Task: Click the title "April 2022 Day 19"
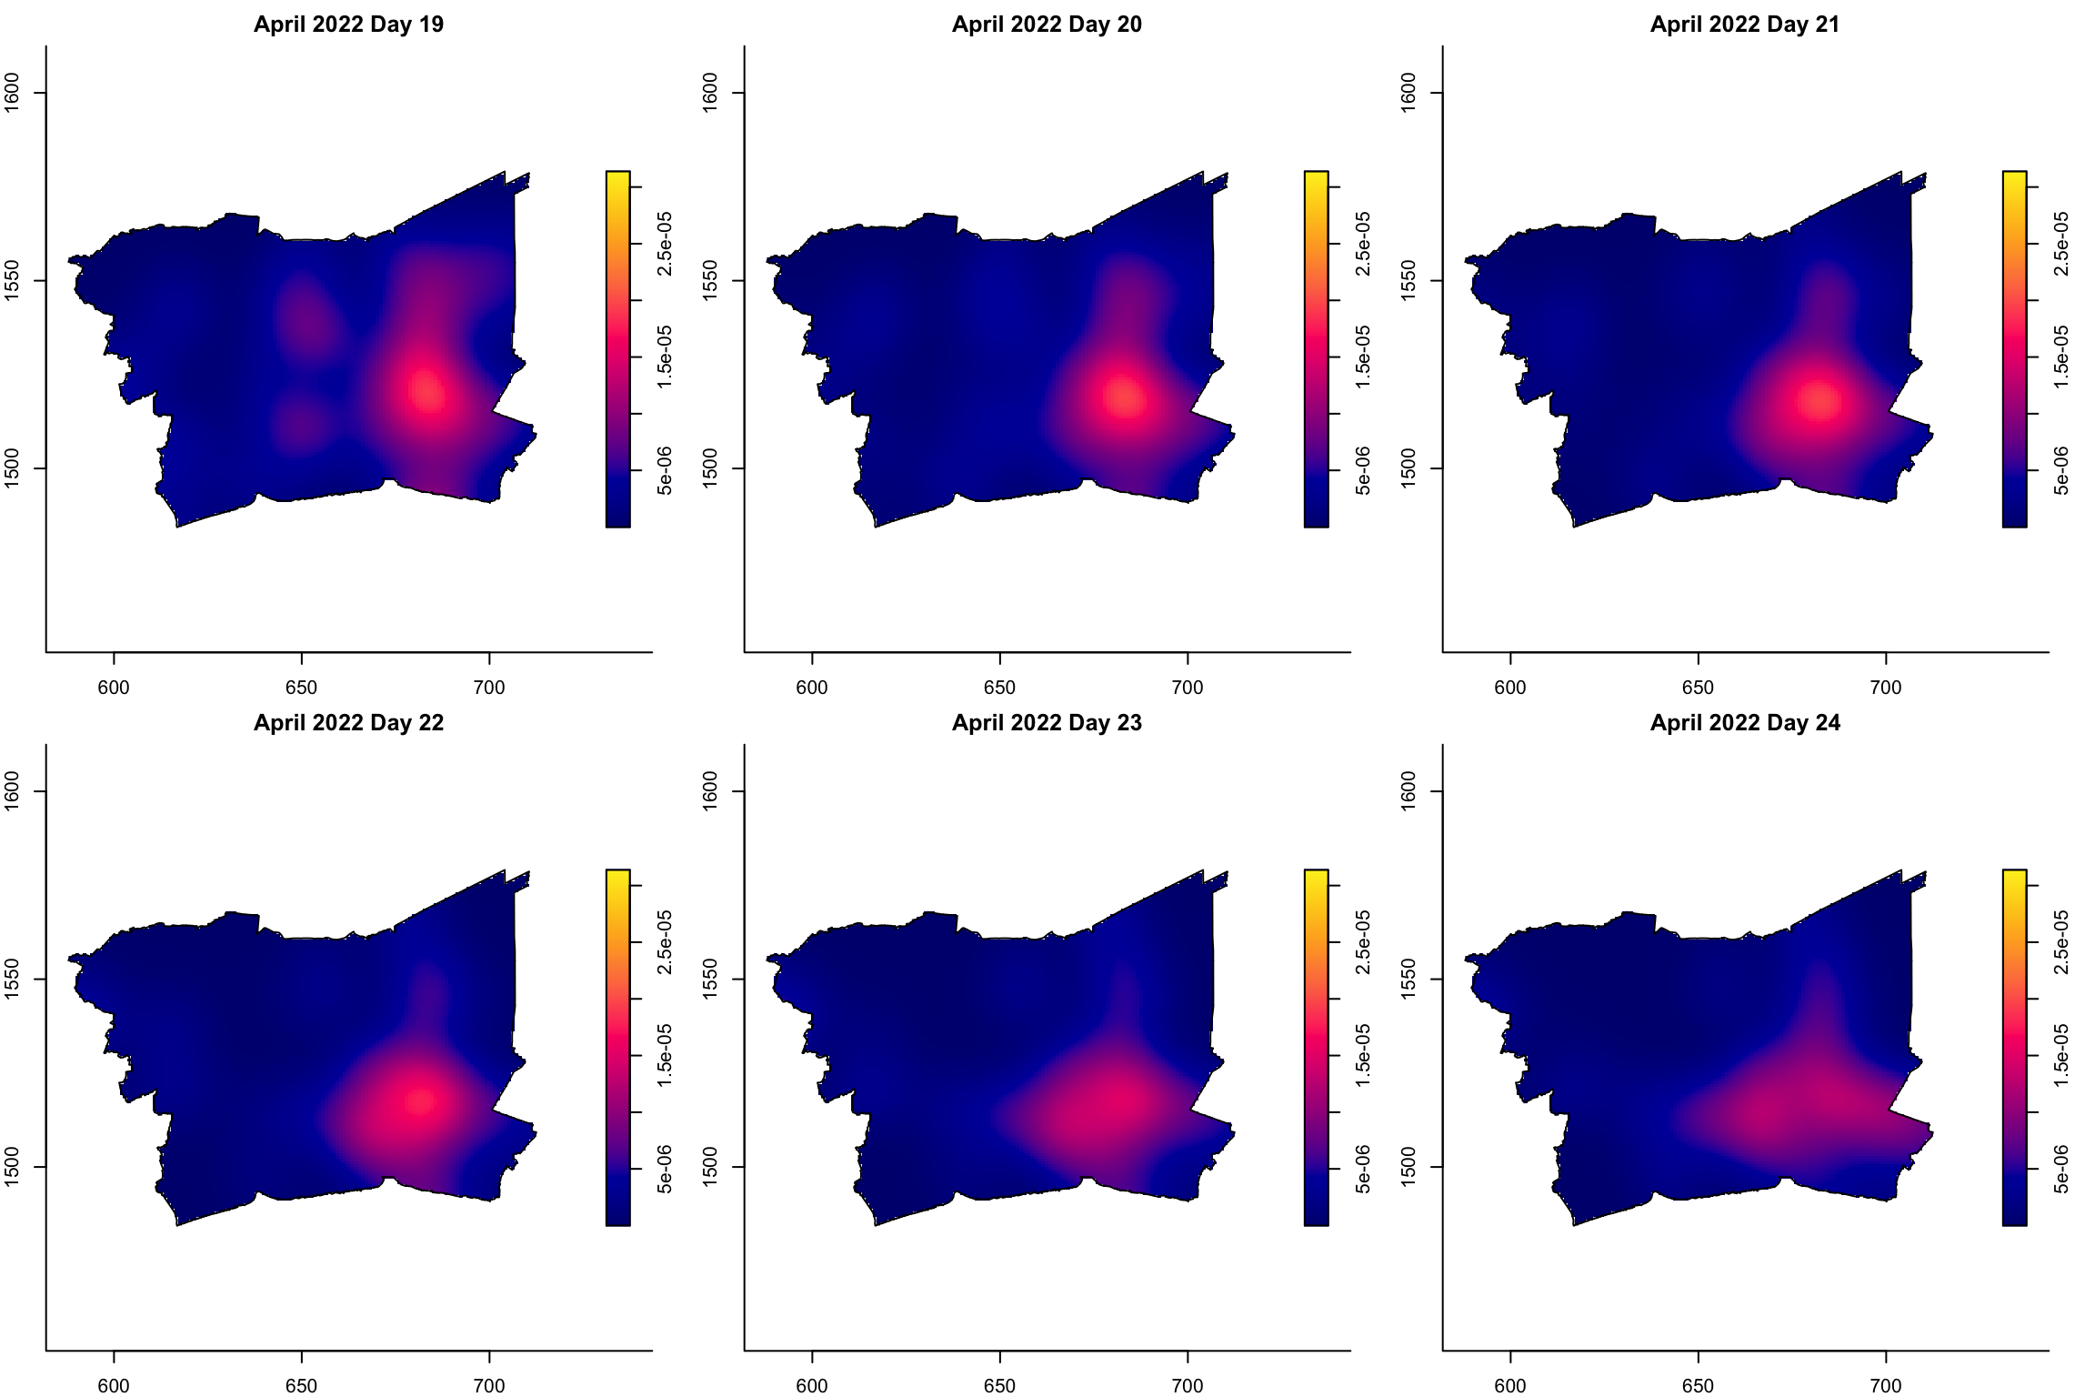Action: (x=348, y=25)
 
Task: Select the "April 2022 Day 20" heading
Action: (x=1047, y=25)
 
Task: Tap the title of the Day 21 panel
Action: (x=1745, y=25)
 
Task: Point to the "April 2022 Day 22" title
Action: (x=348, y=723)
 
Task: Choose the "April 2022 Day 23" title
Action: (x=1047, y=723)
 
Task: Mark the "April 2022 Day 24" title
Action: (x=1745, y=723)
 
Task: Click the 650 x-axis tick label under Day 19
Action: (x=301, y=688)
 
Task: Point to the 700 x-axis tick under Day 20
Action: (x=1188, y=688)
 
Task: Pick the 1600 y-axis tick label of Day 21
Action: (x=1408, y=93)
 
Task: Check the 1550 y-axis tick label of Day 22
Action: (x=13, y=979)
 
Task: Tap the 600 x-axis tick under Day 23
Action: (x=812, y=1386)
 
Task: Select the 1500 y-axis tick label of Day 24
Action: (x=1408, y=1166)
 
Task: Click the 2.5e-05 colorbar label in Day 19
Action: (x=665, y=243)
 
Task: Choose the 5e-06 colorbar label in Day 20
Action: (x=1363, y=470)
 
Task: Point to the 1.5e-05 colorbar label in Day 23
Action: (x=1363, y=1056)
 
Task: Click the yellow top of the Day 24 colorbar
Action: (x=2014, y=877)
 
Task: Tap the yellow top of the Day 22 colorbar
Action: (x=617, y=877)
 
